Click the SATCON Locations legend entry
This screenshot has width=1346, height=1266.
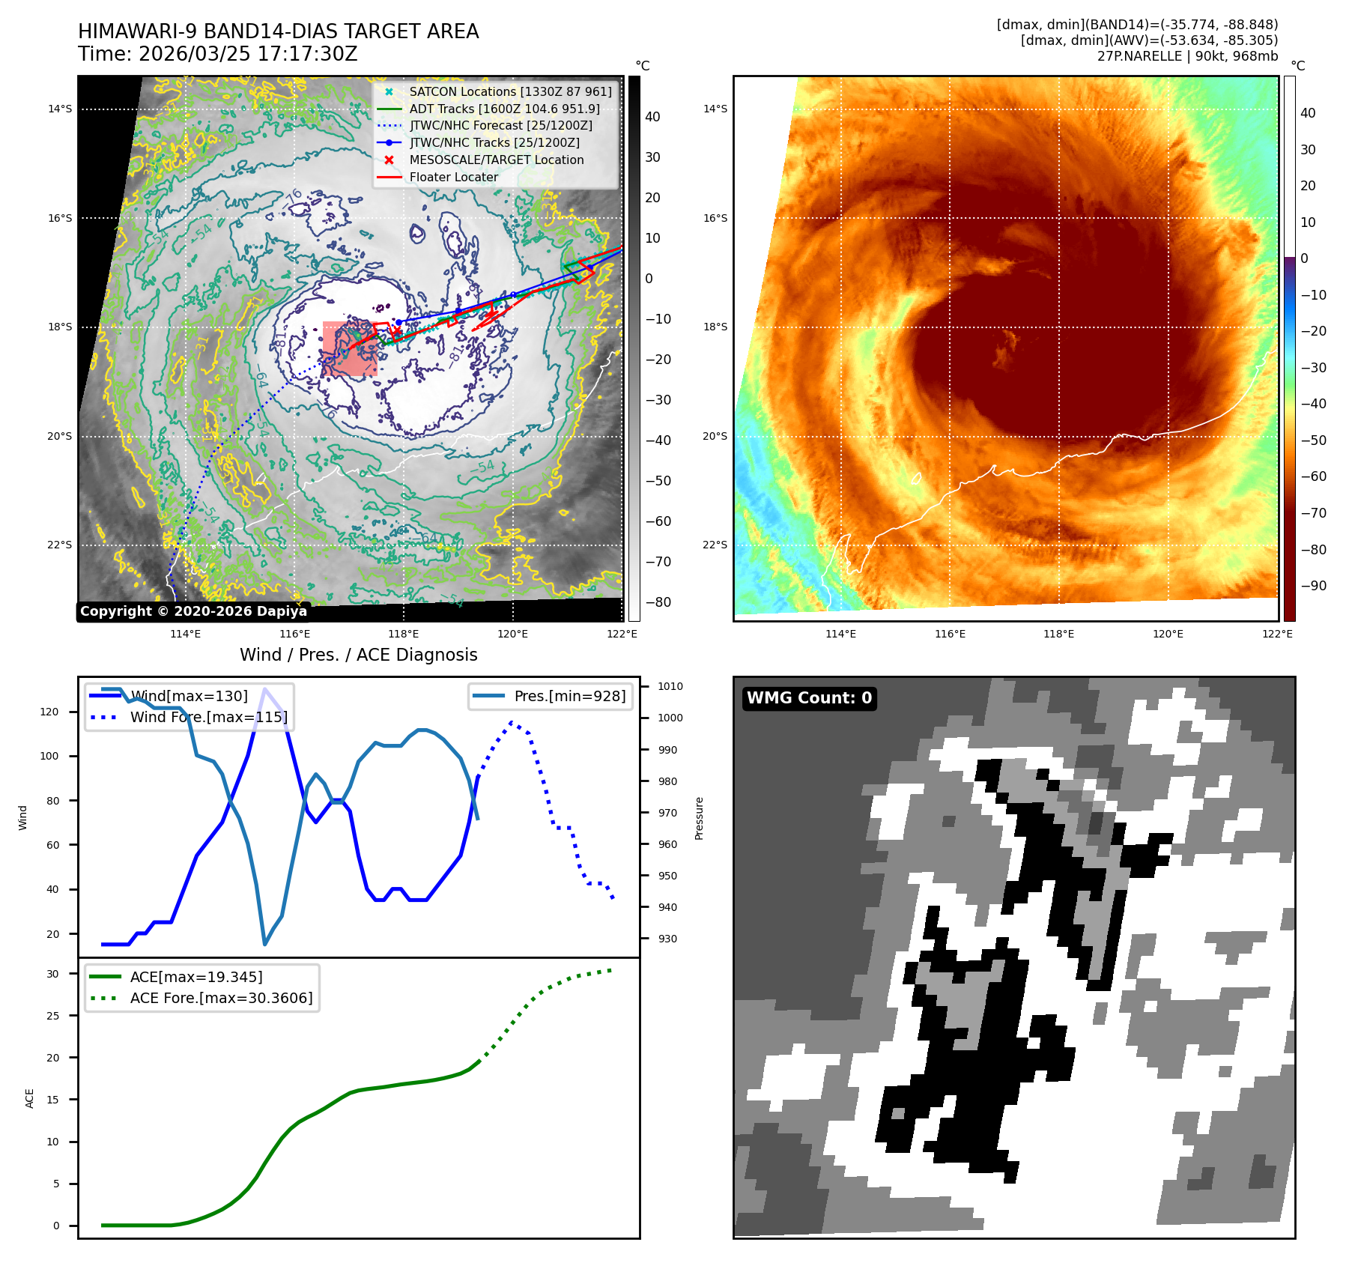click(509, 91)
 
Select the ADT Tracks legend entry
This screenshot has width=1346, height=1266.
click(503, 109)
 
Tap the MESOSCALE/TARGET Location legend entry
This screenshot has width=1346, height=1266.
click(496, 160)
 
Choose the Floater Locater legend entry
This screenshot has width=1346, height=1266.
click(453, 177)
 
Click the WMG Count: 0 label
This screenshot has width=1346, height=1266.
click(809, 698)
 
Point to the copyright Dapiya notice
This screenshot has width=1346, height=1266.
click(193, 611)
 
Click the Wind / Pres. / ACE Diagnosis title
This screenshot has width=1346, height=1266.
click(358, 655)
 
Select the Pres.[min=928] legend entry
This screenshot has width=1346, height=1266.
click(569, 696)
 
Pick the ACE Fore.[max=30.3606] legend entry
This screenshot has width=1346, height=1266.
click(221, 998)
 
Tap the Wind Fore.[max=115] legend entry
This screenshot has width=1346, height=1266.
click(208, 717)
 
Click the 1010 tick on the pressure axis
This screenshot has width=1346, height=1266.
click(670, 686)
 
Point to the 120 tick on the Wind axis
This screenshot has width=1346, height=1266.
click(49, 712)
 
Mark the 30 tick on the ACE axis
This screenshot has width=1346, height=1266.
click(52, 974)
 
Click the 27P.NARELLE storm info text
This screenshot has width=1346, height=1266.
click(1187, 56)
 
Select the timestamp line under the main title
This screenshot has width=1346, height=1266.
click(218, 54)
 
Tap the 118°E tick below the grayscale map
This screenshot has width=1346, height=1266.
click(404, 634)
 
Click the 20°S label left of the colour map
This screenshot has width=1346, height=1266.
click(715, 436)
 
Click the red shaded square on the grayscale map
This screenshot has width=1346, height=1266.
click(350, 348)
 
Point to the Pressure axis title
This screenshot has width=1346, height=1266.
click(699, 818)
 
